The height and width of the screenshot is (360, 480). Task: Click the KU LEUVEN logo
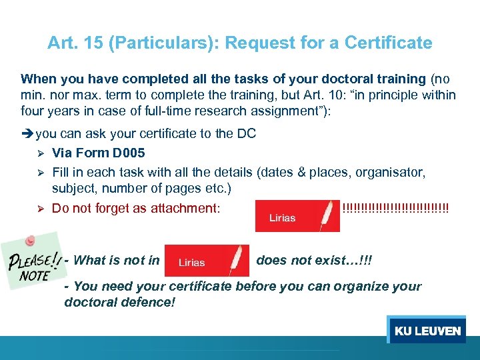pos(427,331)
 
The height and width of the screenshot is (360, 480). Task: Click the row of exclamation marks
pos(395,207)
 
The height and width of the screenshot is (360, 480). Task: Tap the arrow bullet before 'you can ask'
pos(27,133)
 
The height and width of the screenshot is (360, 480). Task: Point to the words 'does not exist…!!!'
pos(314,260)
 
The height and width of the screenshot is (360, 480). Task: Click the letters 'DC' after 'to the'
pos(246,133)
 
